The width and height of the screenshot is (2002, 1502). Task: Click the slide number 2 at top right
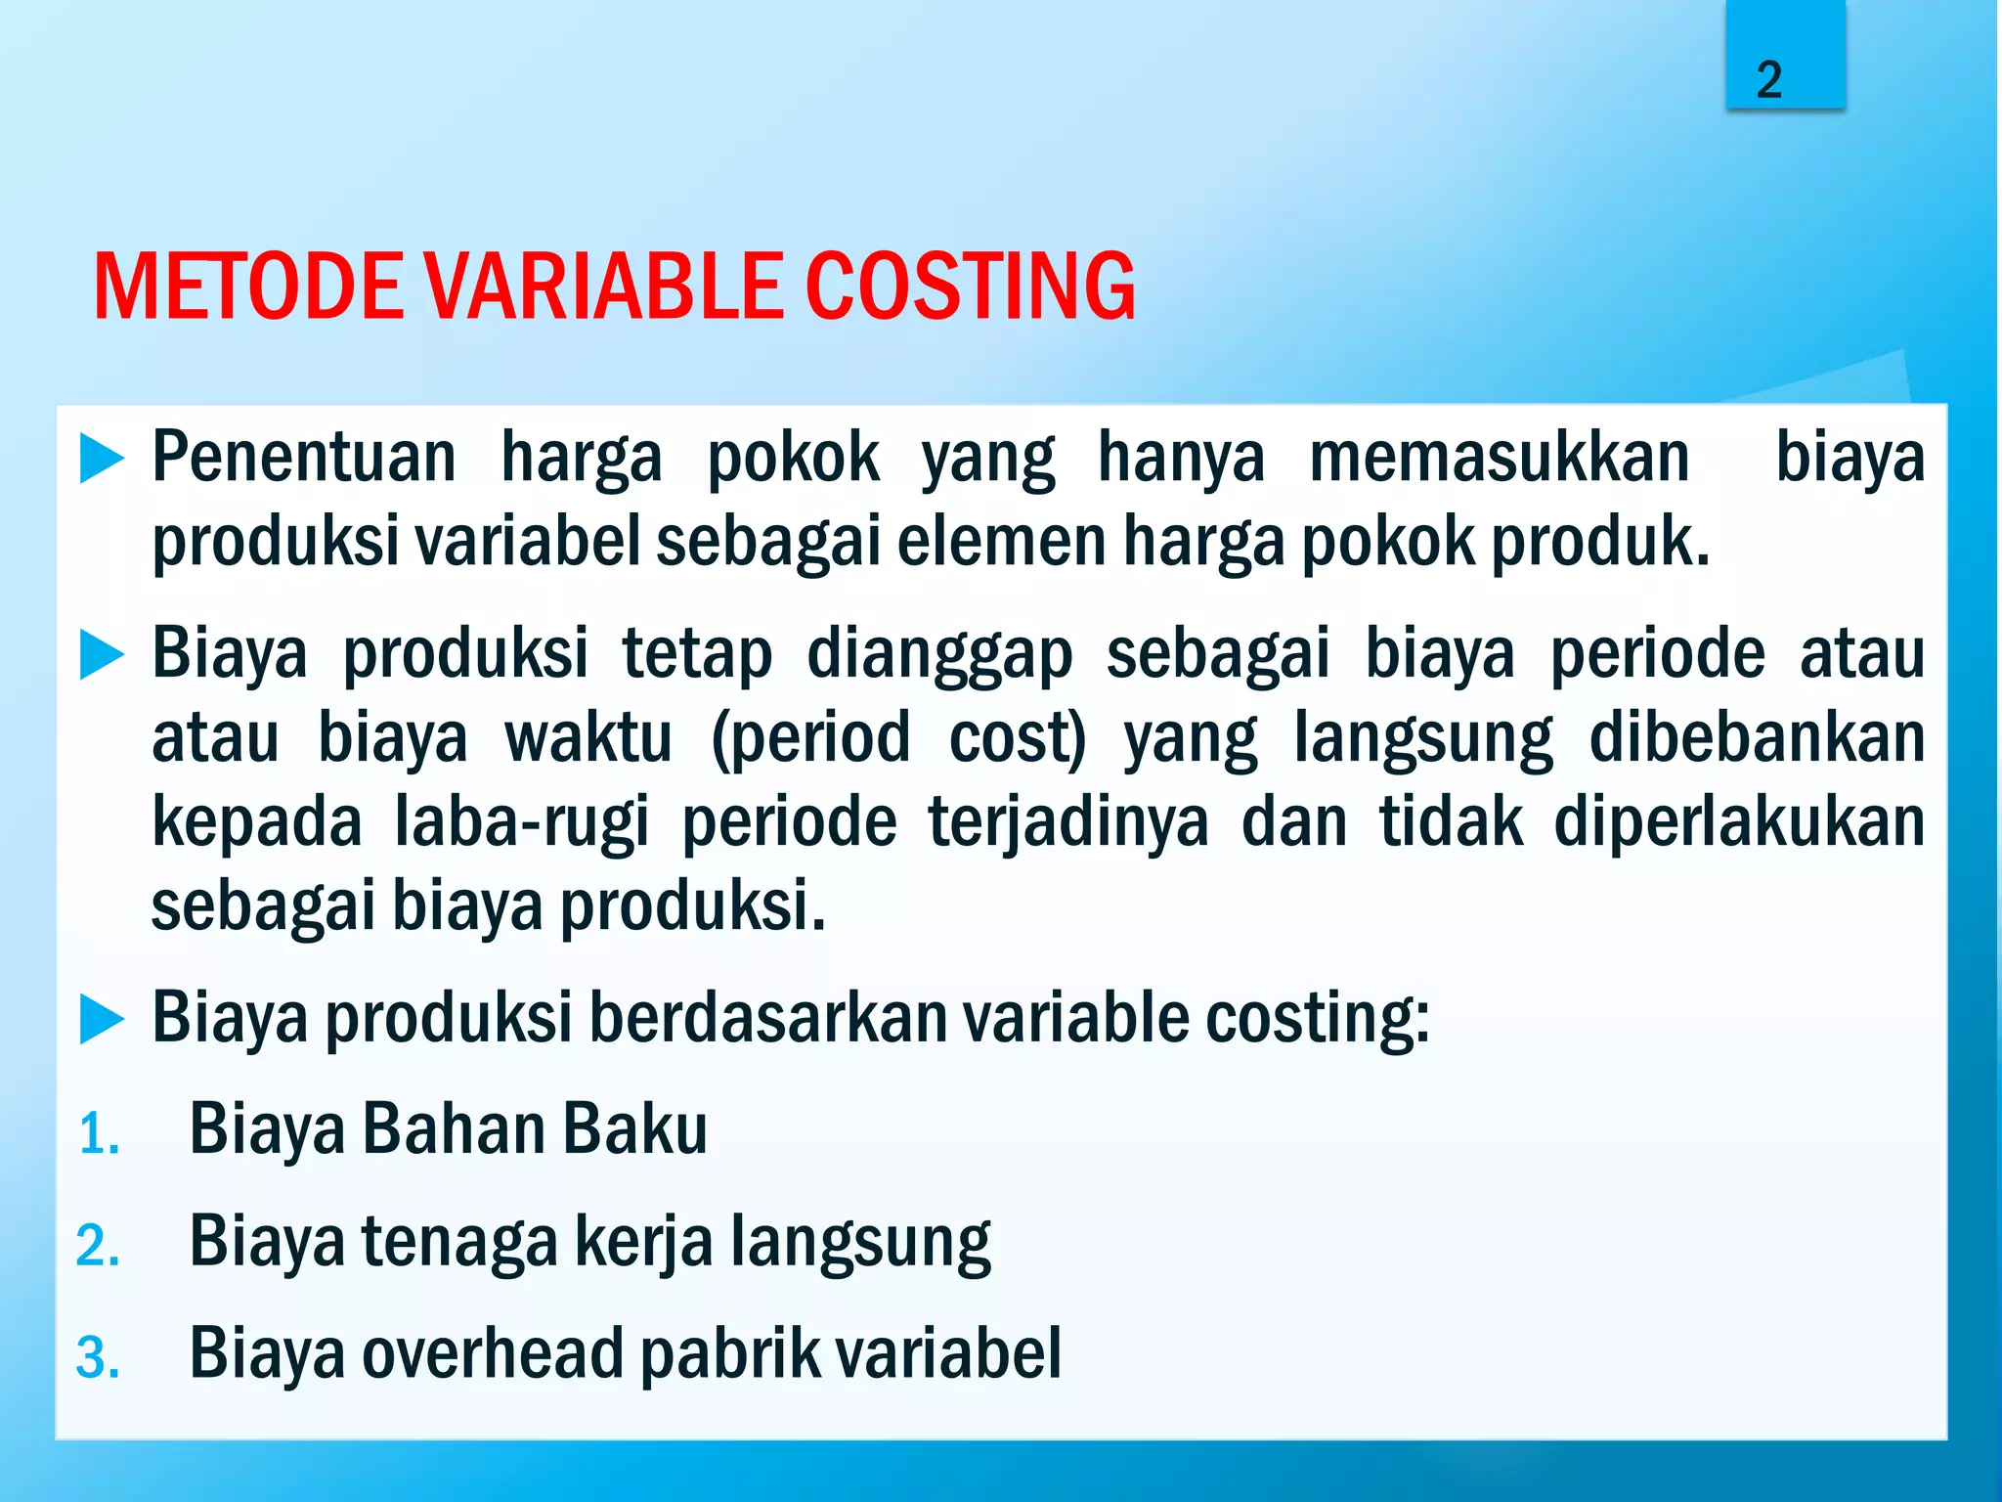1769,80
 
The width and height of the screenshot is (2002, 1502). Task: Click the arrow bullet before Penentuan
102,459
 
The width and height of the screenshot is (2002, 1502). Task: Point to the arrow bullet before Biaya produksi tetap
102,654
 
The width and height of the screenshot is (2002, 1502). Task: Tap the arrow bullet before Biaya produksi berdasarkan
102,1019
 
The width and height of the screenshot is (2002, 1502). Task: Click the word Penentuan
304,459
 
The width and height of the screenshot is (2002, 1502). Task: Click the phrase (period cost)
898,738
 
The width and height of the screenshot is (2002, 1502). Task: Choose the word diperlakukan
1738,821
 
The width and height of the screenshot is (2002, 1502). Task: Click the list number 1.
99,1134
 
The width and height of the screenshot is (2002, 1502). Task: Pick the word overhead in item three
493,1354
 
